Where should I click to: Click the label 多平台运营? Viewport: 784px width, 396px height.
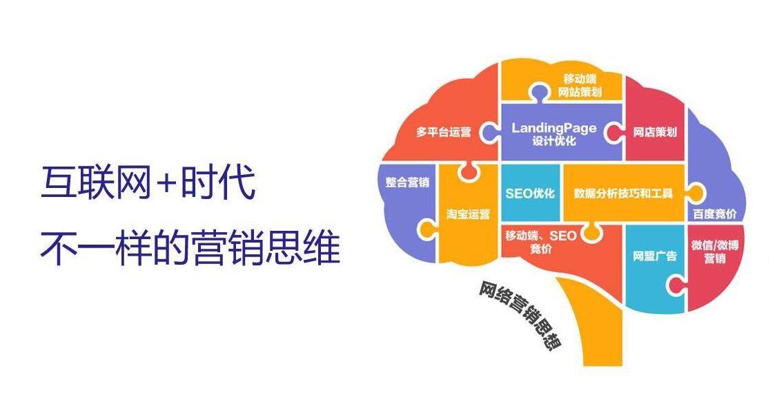[x=444, y=133]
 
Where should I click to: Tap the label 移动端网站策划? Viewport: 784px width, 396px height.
[x=580, y=85]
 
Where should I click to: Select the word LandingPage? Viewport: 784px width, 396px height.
[x=554, y=128]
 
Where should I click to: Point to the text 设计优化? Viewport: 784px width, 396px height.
[x=554, y=141]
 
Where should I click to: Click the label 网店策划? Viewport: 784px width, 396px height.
[x=655, y=132]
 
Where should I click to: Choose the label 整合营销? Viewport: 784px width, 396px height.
[x=407, y=182]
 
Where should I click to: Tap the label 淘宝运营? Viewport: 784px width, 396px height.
[x=468, y=214]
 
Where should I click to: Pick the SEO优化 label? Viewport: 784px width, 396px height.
[x=530, y=194]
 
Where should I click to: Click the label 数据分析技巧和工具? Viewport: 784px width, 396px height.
[x=623, y=194]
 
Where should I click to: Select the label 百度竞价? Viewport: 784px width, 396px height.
[x=714, y=214]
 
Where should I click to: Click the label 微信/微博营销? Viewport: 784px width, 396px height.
[x=714, y=252]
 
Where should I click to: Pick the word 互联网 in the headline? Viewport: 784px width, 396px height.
[x=96, y=183]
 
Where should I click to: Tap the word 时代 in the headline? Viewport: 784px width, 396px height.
[x=219, y=183]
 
